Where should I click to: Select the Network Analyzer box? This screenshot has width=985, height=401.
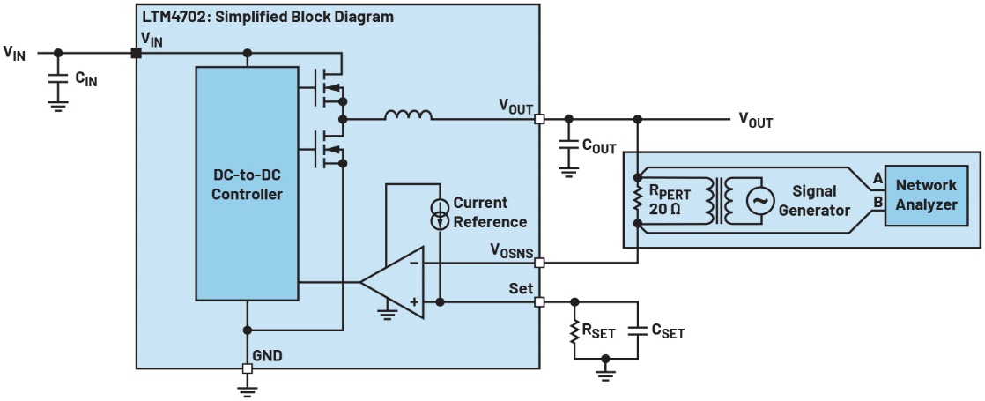[925, 195]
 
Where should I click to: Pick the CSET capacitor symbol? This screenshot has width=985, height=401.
[634, 332]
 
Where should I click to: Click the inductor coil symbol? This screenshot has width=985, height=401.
[407, 115]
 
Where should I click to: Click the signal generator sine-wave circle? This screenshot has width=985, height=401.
[759, 201]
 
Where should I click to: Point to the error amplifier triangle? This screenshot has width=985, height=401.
[394, 282]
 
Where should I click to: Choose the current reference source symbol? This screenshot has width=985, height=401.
[439, 213]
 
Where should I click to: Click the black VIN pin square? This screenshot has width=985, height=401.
[137, 54]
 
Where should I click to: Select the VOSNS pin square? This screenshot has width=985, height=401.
[539, 262]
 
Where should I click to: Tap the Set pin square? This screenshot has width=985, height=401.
[539, 302]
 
